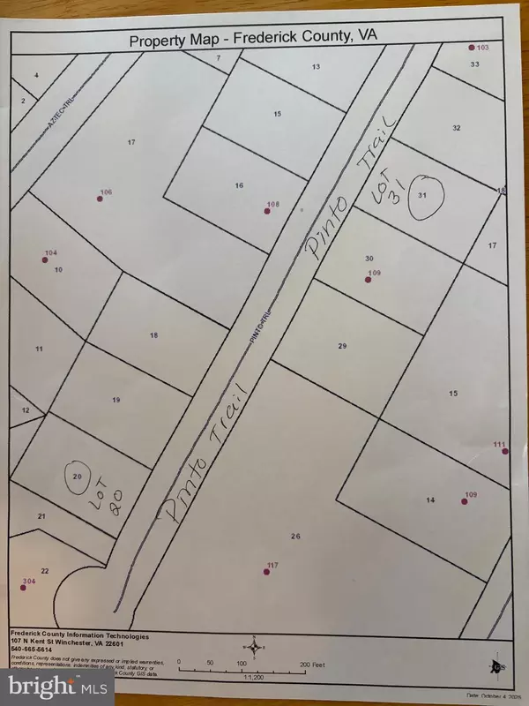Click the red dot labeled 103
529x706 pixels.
(472, 48)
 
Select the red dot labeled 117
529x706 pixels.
(266, 572)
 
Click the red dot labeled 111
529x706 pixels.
(504, 451)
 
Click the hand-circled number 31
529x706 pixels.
(423, 195)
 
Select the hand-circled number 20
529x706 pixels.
(77, 477)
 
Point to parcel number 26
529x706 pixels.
(296, 536)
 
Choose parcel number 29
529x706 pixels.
(342, 346)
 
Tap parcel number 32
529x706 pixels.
(456, 127)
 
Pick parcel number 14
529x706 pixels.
(430, 500)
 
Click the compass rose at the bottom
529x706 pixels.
(255, 647)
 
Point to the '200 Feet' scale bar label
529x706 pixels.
(312, 662)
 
